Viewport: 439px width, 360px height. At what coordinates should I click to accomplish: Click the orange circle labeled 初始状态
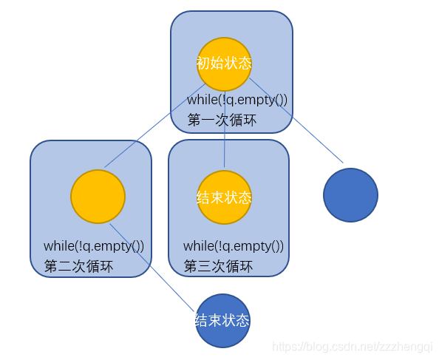pos(224,64)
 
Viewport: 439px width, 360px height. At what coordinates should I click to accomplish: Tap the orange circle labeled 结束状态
pos(224,197)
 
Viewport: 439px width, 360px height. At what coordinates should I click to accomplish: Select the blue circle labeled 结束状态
pos(222,321)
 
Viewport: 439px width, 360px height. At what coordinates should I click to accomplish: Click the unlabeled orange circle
pos(98,197)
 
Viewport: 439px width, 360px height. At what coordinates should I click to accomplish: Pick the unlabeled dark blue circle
pos(350,195)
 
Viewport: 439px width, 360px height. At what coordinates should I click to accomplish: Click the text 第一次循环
pos(222,120)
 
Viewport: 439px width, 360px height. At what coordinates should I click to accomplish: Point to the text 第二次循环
pos(78,266)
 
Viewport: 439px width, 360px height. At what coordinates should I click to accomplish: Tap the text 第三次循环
pos(218,266)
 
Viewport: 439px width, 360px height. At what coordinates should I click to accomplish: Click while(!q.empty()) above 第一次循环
pos(237,100)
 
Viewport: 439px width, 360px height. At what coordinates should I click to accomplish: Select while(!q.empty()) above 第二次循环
pos(94,246)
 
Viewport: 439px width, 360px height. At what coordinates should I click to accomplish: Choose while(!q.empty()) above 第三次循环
pos(234,246)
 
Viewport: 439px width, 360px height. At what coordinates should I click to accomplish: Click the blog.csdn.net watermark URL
pos(353,347)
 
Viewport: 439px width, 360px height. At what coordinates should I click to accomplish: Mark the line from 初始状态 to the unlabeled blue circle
pos(296,120)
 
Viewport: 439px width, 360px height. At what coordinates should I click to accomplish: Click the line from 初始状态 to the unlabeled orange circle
pos(154,126)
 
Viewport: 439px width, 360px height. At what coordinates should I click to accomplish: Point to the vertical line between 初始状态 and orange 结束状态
pos(225,129)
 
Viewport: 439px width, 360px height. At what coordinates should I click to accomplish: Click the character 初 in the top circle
pos(203,63)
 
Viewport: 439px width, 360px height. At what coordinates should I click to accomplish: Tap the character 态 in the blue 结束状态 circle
pos(242,320)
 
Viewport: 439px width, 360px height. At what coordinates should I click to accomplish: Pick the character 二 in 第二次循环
pos(65,266)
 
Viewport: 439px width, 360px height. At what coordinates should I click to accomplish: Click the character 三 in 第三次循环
pos(205,266)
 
